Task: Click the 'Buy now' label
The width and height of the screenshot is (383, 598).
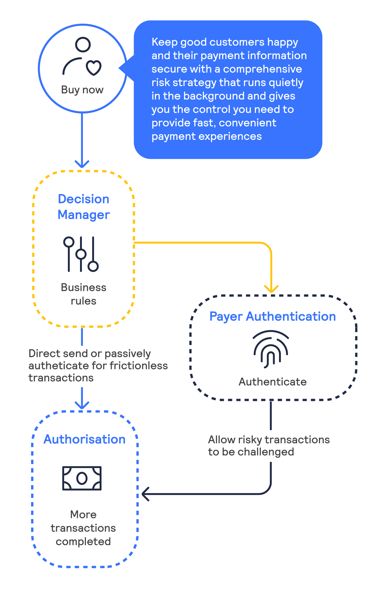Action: point(82,90)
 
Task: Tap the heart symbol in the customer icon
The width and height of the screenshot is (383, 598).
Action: point(94,68)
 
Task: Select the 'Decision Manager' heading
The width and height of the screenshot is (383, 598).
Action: point(84,207)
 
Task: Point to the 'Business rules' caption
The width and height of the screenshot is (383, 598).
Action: point(83,294)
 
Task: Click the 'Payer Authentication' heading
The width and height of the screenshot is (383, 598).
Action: point(272,316)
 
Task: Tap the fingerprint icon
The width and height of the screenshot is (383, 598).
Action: point(271,349)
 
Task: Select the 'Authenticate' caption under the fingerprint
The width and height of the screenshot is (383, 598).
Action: point(272,382)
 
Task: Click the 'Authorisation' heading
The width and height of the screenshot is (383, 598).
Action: point(84,439)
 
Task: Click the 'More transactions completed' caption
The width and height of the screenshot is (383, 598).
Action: point(83,528)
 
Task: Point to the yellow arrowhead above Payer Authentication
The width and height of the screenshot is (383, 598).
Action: point(272,289)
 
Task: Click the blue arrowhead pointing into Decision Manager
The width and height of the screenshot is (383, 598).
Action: point(82,164)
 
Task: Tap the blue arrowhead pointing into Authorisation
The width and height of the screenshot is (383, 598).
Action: point(82,405)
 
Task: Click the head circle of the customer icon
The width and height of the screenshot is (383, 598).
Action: point(83,45)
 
